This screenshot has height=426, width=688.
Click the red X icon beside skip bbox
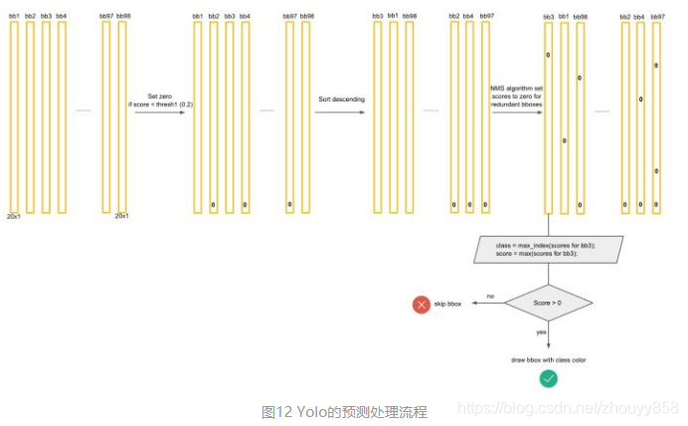pos(421,304)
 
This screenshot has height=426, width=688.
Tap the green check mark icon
pos(547,377)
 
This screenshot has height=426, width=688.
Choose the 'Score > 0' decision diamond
pos(548,302)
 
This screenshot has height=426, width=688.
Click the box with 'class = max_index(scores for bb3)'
pos(548,248)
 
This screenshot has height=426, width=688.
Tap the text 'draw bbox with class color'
pos(548,358)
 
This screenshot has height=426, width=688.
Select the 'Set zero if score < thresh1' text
pos(158,99)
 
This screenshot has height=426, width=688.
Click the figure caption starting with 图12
pos(344,411)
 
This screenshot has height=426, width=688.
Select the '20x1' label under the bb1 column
pos(14,215)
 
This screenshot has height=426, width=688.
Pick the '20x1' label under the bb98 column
pos(121,215)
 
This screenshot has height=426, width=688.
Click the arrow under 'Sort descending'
pos(338,111)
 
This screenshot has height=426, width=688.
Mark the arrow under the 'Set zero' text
pos(159,112)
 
